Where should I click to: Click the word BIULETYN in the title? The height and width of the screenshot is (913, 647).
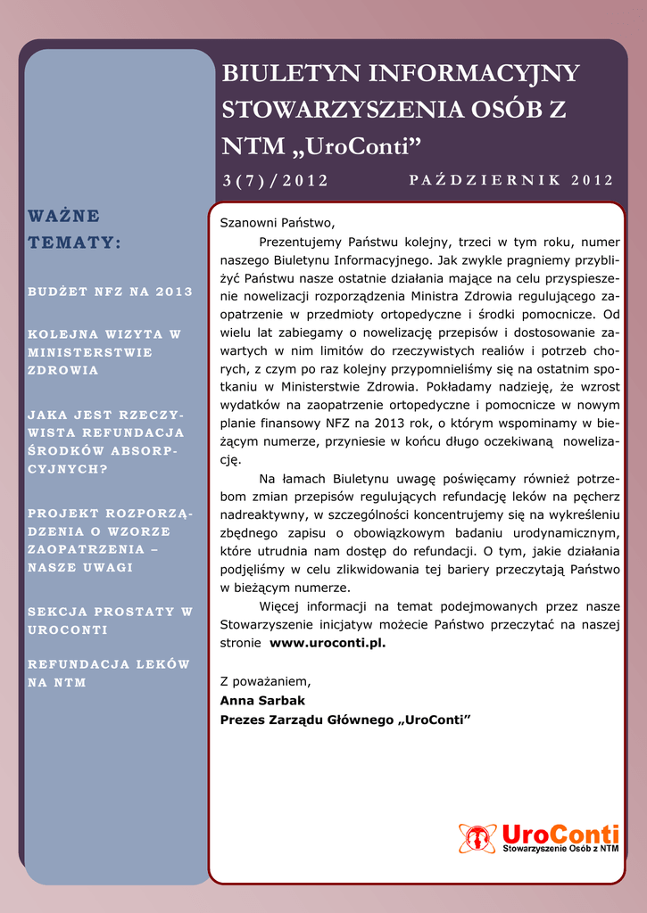click(x=289, y=74)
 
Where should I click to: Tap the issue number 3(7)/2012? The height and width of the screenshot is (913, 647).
click(x=276, y=181)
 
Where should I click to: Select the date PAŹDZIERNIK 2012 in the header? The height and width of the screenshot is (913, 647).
click(x=511, y=180)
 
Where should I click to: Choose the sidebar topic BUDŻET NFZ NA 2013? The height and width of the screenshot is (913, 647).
click(x=111, y=292)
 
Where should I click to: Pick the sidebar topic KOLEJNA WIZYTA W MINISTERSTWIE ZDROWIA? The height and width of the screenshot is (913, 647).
click(x=104, y=352)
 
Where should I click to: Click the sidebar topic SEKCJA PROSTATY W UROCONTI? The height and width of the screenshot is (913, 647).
click(x=111, y=621)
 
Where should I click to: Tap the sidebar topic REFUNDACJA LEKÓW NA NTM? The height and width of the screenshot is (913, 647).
click(x=109, y=673)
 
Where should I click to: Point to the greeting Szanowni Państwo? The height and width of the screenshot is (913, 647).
click(x=277, y=222)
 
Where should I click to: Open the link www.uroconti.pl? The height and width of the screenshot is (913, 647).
click(x=328, y=642)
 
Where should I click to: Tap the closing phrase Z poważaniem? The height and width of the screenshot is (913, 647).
click(x=266, y=681)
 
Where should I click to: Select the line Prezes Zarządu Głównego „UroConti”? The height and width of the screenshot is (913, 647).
click(x=345, y=719)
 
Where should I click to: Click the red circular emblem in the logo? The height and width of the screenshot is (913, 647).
click(x=477, y=837)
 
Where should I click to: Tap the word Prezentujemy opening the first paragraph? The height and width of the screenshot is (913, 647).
click(x=298, y=241)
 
